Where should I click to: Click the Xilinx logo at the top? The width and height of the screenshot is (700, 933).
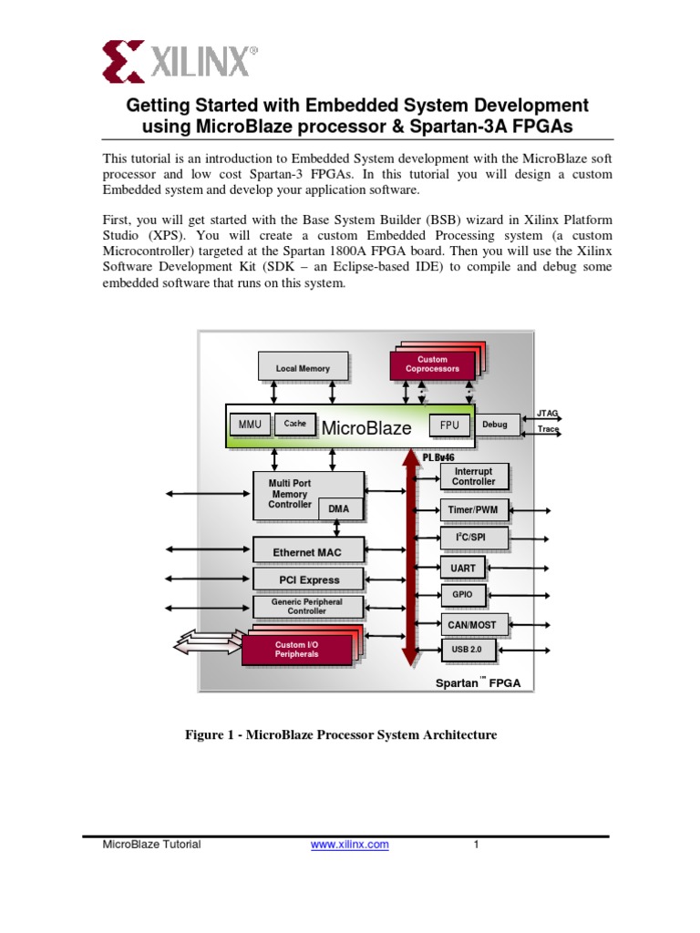180,62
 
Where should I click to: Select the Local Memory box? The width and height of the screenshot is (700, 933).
303,368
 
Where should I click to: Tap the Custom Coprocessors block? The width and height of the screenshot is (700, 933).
432,364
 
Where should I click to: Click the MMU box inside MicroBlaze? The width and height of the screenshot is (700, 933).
249,424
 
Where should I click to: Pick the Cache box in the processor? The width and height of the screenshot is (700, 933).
294,424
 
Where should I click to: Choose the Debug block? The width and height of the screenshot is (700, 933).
495,425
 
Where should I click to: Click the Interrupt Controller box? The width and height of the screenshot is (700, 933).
474,477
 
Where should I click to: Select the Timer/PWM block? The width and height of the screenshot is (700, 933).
474,510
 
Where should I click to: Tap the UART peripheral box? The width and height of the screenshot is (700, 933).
463,568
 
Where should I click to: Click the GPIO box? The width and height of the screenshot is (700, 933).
463,595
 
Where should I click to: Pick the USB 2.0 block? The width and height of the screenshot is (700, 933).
467,650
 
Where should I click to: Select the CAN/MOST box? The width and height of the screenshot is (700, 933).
474,624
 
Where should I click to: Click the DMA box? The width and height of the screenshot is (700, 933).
339,510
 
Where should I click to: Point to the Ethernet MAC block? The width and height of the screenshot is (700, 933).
307,551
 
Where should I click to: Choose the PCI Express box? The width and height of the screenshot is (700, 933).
309,579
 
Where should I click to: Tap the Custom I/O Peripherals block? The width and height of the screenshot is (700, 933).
297,650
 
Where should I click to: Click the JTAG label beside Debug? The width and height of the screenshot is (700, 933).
548,413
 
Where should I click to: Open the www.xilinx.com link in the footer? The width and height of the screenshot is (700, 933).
350,845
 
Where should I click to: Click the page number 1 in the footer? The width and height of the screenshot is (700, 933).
476,845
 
